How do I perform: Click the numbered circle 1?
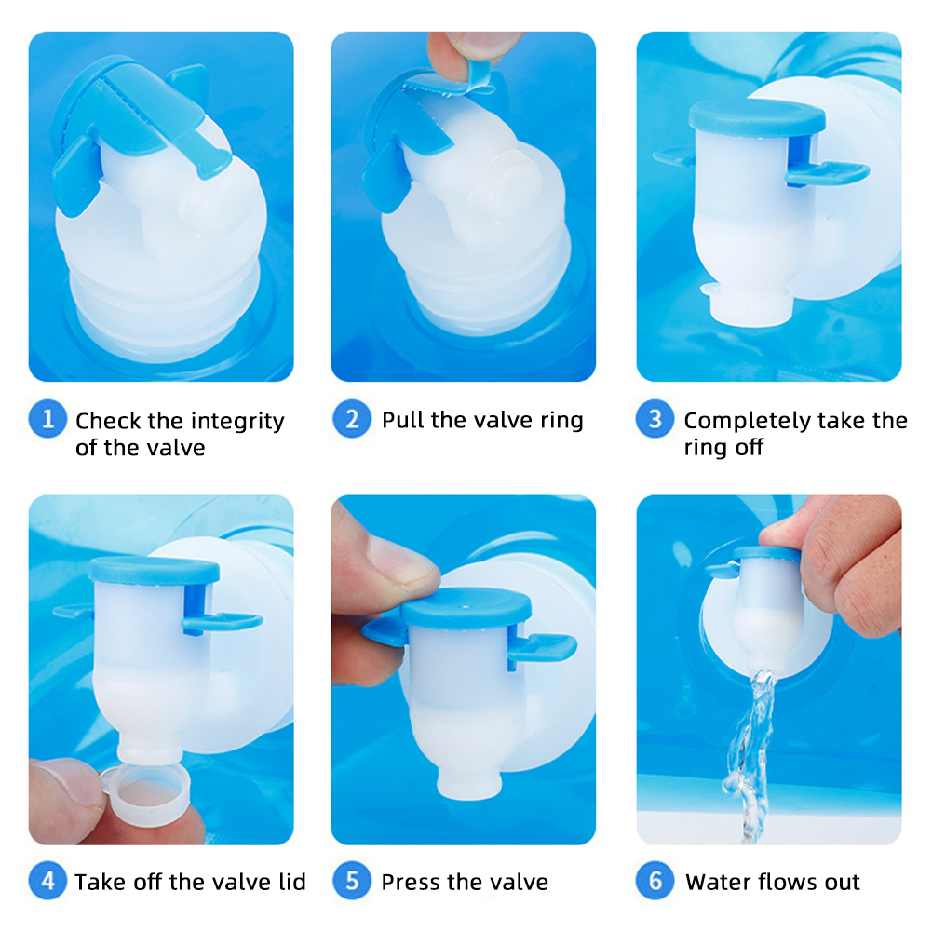(47, 418)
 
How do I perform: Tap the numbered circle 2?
(352, 418)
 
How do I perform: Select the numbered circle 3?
(655, 418)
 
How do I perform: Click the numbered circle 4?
(47, 880)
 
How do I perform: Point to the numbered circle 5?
(352, 880)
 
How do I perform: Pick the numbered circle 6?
(655, 880)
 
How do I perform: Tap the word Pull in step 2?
(403, 420)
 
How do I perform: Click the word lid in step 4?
(291, 882)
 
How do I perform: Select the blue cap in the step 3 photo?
(757, 117)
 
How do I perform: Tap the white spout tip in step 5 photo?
(469, 783)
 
